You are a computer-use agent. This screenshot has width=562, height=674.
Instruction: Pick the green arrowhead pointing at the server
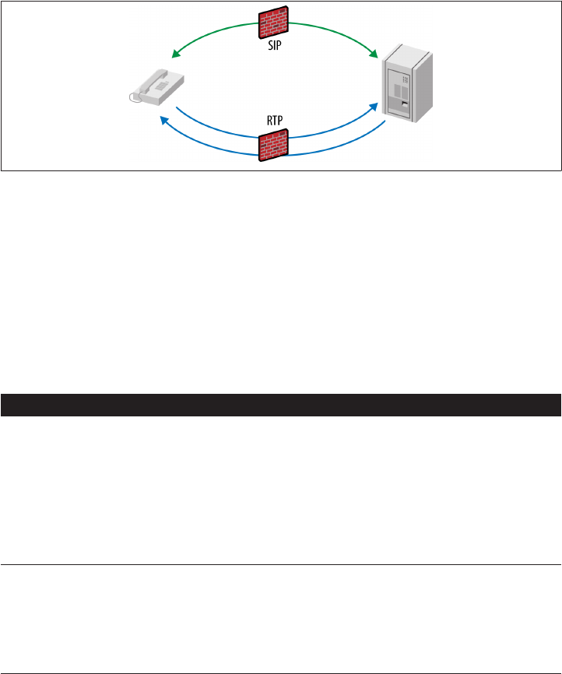click(375, 54)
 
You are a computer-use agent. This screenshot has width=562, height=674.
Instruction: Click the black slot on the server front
click(404, 102)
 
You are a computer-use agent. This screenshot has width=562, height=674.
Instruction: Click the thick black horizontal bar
click(281, 405)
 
